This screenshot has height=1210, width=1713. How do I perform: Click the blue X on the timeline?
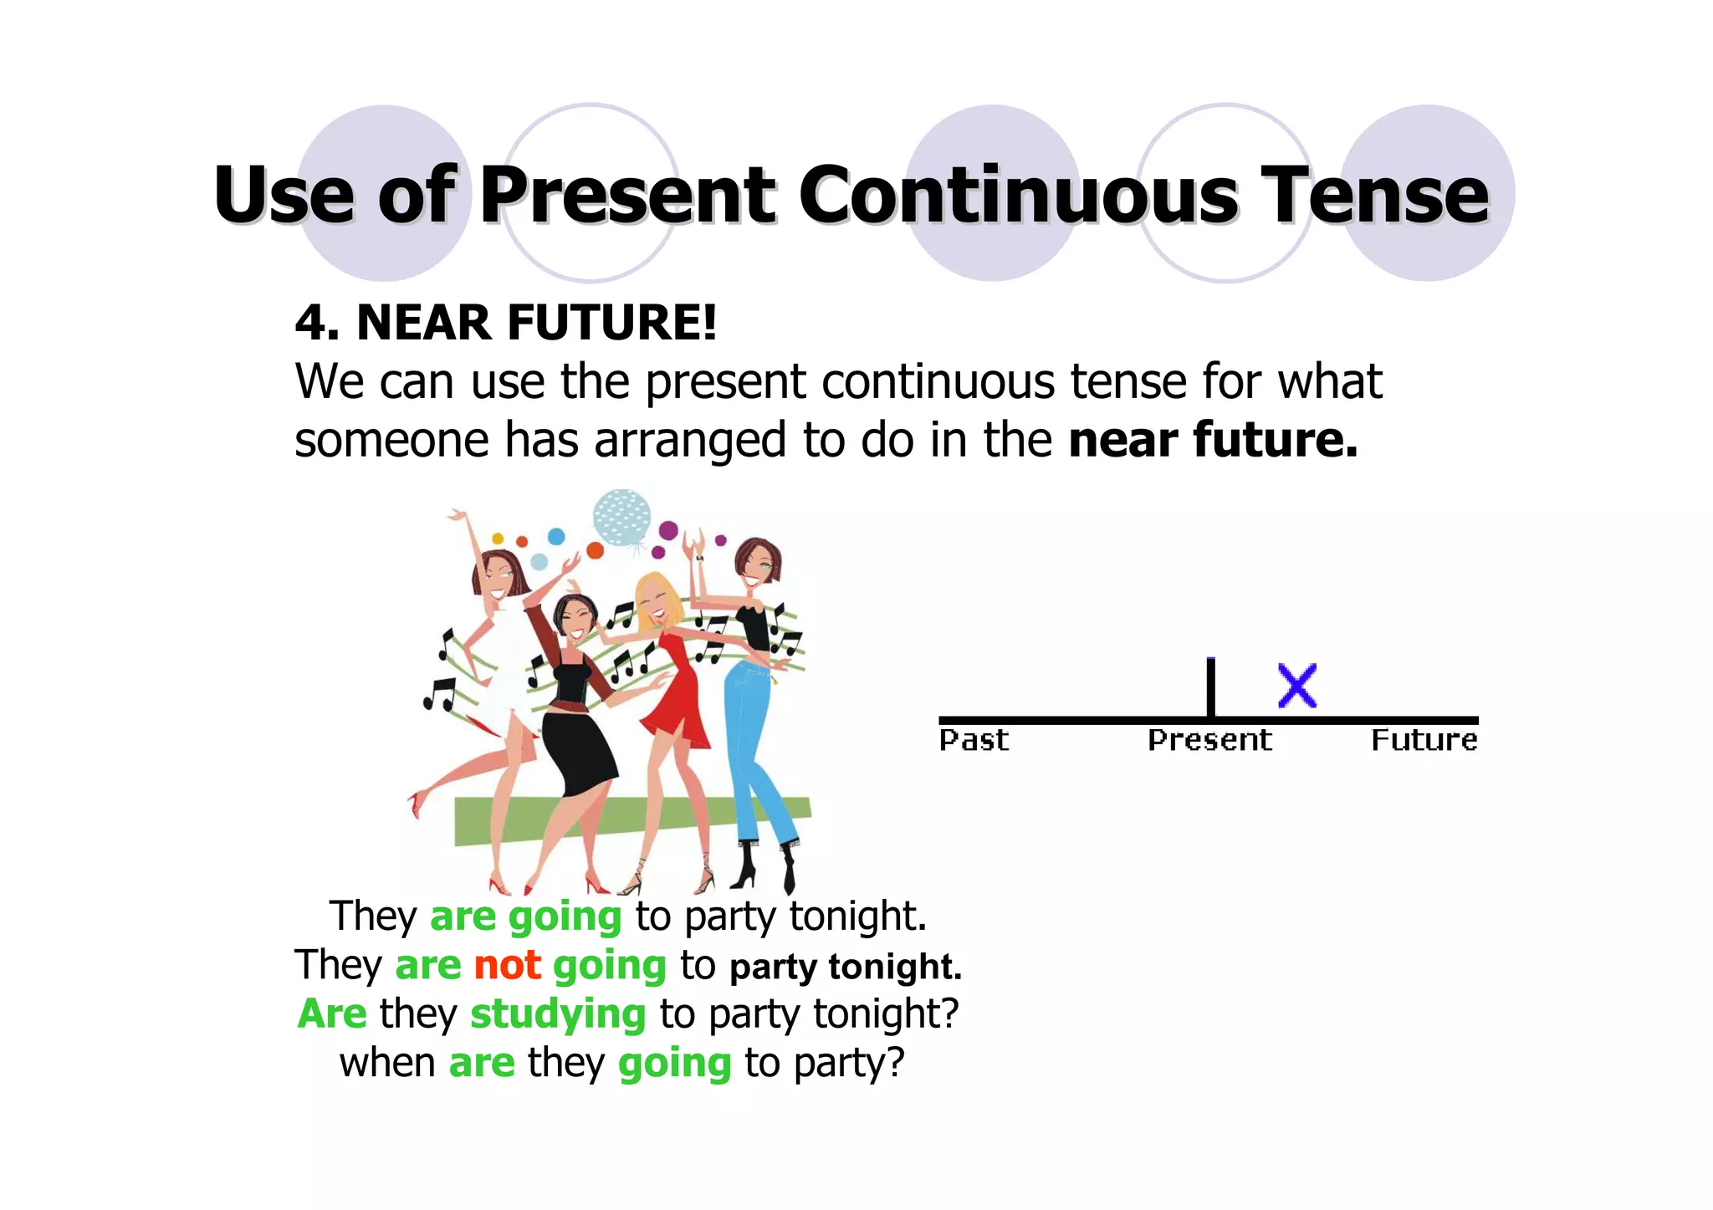1296,686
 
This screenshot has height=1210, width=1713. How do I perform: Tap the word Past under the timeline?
974,740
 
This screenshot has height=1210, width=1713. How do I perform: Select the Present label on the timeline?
1209,740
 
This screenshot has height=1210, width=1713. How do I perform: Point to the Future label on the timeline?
1424,740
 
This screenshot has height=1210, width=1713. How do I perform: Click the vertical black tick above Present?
1210,687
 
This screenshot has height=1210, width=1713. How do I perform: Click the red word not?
507,965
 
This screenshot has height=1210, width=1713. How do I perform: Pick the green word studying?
558,1014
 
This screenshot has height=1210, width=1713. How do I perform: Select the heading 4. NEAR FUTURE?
506,323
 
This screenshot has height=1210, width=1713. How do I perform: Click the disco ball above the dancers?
621,517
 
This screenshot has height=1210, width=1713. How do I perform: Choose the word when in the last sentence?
387,1064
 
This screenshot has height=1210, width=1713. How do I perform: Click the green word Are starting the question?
332,1014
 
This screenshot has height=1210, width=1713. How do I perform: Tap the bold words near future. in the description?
1213,440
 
